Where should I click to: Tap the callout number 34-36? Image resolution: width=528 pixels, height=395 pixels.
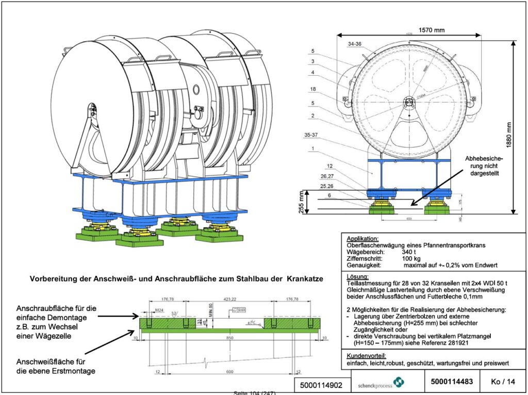point(355,44)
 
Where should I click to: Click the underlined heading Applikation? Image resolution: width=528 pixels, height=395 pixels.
point(363,239)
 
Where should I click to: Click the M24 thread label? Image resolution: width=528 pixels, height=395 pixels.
point(160,310)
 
